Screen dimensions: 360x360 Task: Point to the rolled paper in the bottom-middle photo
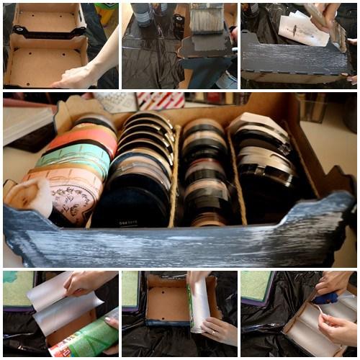point(199,306)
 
